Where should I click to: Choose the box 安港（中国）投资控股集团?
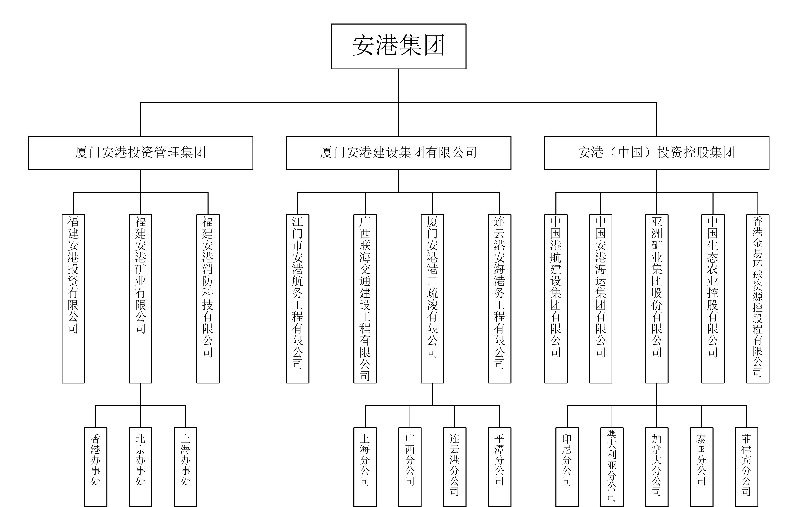point(656,153)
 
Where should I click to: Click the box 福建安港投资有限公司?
point(73,299)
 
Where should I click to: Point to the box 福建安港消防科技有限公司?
point(208,299)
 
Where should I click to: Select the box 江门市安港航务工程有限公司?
point(297,299)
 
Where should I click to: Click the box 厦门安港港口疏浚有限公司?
point(432,299)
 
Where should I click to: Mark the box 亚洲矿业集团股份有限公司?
point(656,299)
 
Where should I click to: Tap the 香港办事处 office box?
point(95,467)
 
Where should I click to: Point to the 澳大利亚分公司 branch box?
point(612,467)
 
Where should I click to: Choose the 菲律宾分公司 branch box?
point(746,467)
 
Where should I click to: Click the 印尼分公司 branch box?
point(567,467)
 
